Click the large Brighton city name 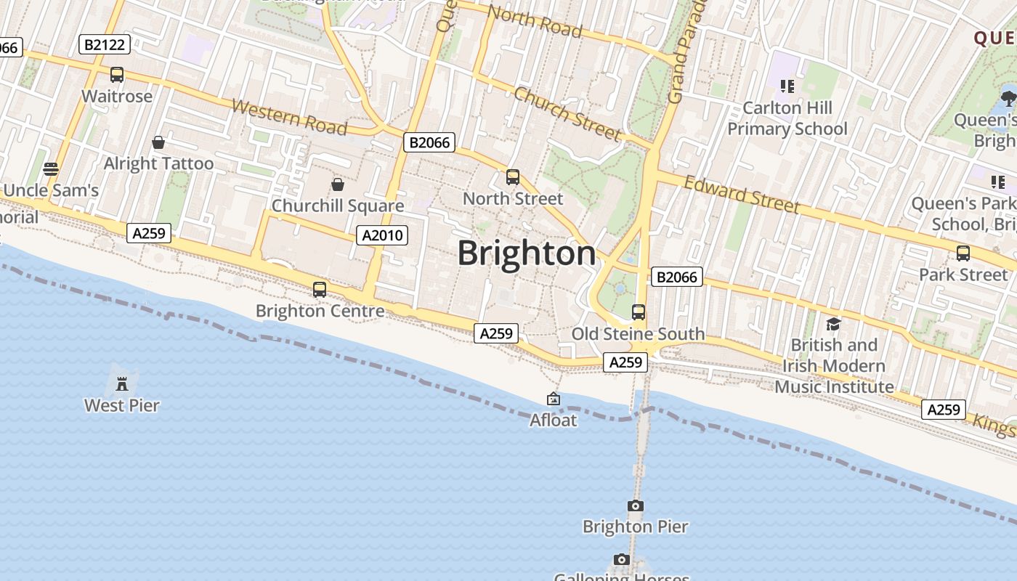tap(527, 253)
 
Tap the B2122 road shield tap(105, 45)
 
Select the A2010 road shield tap(382, 235)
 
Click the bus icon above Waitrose tap(117, 75)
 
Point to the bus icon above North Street tap(513, 177)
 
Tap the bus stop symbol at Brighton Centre tap(320, 289)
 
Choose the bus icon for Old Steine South tap(639, 312)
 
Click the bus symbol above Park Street tap(963, 253)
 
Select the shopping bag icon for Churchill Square tap(338, 184)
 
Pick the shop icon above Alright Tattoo tap(158, 142)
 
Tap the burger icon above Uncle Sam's tap(51, 169)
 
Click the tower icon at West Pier tap(122, 383)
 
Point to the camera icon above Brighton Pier tap(636, 505)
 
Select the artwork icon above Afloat tap(554, 399)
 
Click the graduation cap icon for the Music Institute tap(833, 324)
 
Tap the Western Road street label tap(289, 117)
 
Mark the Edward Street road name tap(742, 194)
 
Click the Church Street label tap(567, 113)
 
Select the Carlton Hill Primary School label tap(787, 118)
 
